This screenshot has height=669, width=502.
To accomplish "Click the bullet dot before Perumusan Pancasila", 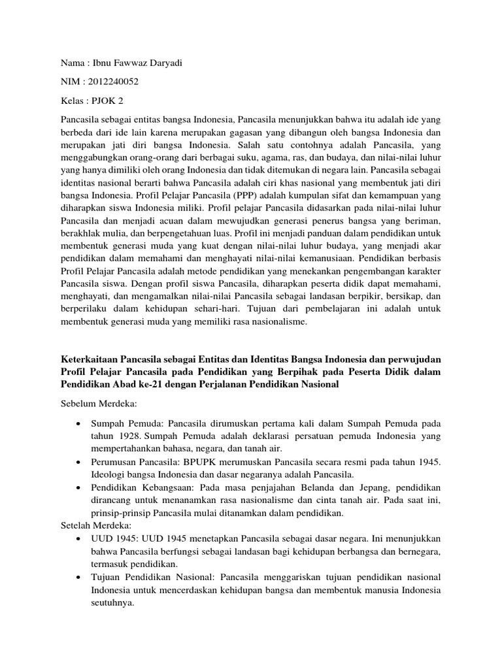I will point(79,462).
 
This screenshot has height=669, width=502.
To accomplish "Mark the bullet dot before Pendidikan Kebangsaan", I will point(79,488).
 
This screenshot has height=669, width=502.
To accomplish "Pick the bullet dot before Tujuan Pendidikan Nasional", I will point(79,578).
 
